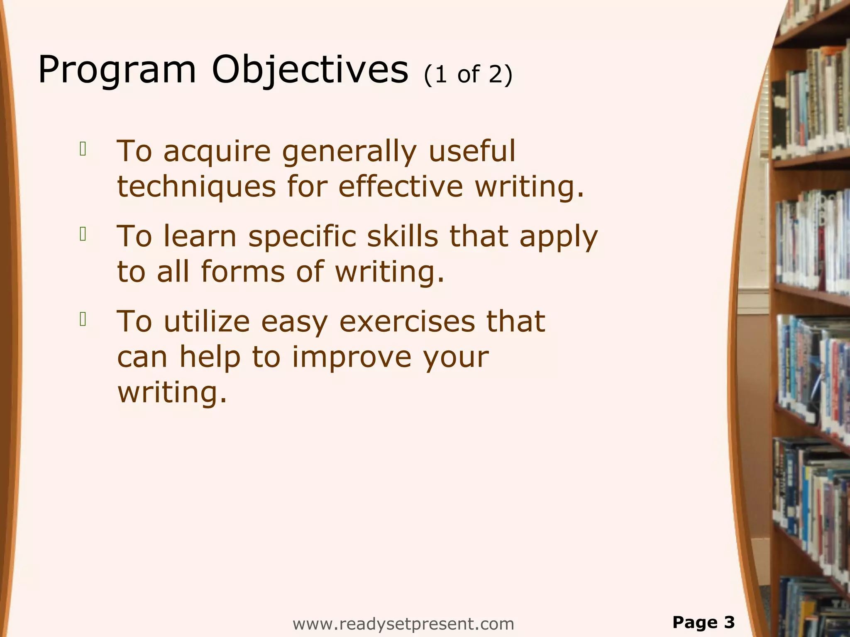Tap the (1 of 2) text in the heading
point(468,75)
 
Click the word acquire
point(217,152)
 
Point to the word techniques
point(196,187)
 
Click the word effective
point(401,187)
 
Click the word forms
point(243,272)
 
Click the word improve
point(351,357)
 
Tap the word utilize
point(207,322)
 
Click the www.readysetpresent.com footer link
point(403,623)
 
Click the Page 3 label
point(703,622)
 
